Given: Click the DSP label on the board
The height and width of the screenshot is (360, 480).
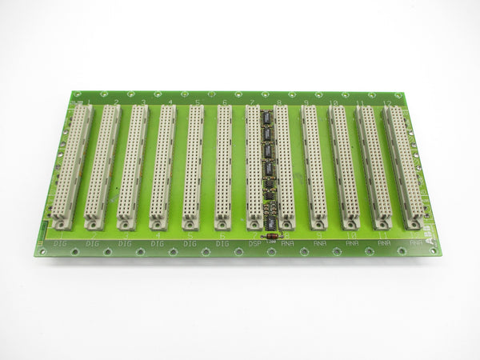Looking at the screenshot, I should point(254,242).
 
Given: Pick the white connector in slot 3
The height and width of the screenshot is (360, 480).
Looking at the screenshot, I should point(133,162).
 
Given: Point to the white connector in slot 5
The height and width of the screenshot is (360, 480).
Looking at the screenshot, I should point(194,165).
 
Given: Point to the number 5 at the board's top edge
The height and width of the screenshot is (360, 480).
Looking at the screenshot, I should point(197,103).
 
